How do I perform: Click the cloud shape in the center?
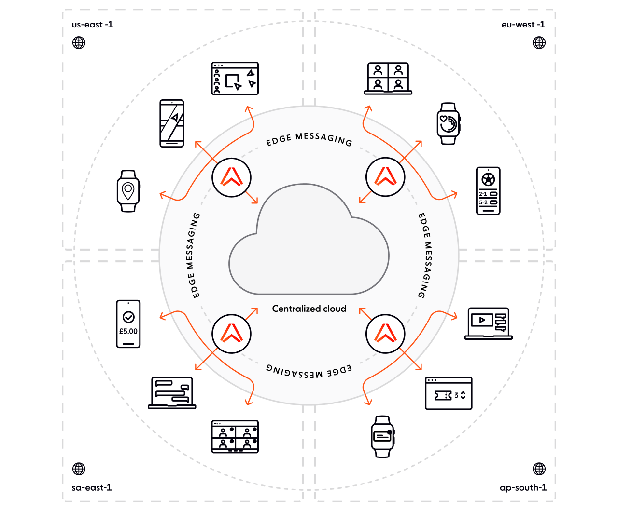click(x=309, y=241)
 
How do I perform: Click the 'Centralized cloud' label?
click(x=309, y=309)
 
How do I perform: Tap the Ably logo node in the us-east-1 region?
click(x=231, y=177)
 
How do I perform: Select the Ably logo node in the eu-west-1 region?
click(x=385, y=177)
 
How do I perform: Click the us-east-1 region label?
click(x=92, y=25)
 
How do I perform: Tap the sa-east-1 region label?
click(x=92, y=488)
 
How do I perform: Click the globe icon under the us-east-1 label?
click(x=79, y=43)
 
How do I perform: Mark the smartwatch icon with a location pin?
click(x=128, y=191)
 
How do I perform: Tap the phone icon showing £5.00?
click(x=128, y=323)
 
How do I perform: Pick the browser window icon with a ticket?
click(x=448, y=393)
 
